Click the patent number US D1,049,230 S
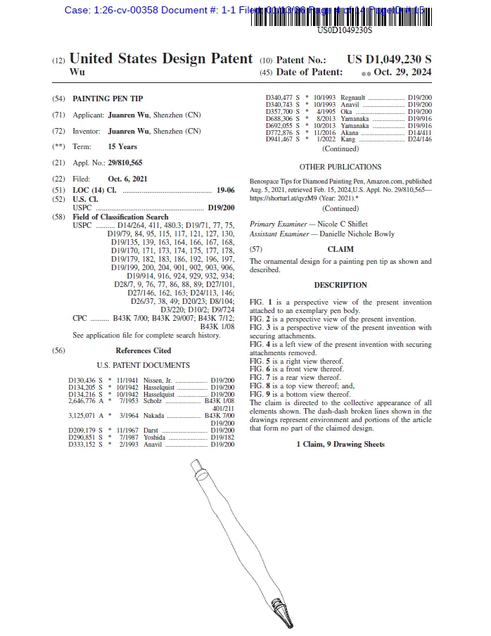click(389, 60)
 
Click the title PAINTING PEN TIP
click(109, 99)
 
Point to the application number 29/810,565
click(125, 163)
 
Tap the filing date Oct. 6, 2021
click(127, 179)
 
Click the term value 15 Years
click(122, 147)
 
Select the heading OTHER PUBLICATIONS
click(340, 167)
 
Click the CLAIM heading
click(340, 249)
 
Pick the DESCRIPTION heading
click(340, 285)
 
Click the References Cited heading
click(143, 350)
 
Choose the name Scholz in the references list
click(153, 401)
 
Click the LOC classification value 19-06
click(225, 191)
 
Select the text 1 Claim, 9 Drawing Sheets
click(340, 445)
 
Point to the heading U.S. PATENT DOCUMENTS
click(143, 366)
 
